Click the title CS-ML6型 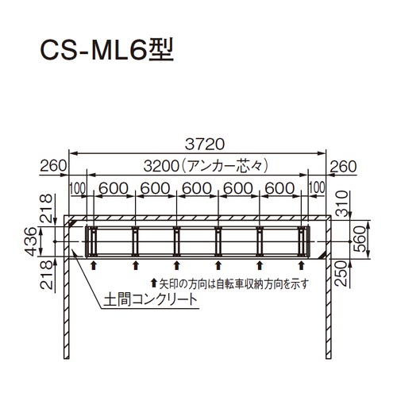point(106,50)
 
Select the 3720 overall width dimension point(205,145)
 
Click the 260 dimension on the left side point(53,166)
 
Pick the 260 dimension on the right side point(343,167)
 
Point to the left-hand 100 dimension point(78,188)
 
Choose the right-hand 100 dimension point(317,187)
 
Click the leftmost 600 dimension point(114,188)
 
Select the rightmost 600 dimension point(279,188)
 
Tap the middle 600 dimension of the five point(197,188)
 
